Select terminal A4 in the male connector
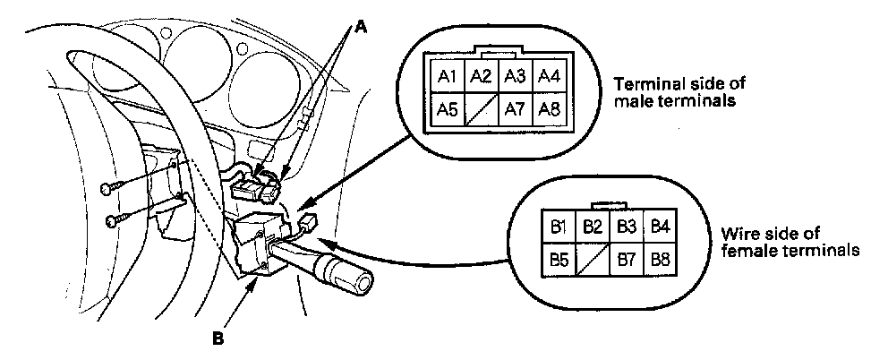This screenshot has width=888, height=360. (547, 77)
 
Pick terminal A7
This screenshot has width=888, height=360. (513, 110)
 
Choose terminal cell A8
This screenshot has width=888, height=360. (547, 110)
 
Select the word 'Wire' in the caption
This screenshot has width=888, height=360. (736, 233)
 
